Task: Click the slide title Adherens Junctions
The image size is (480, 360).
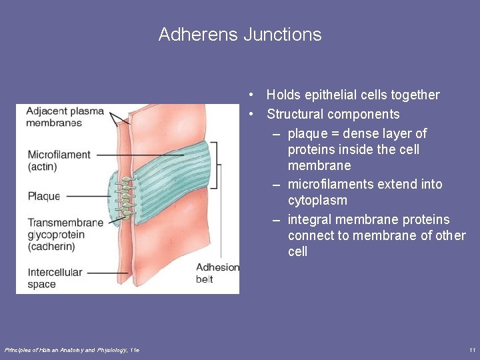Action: (x=240, y=35)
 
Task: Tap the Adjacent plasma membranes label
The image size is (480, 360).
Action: (x=65, y=117)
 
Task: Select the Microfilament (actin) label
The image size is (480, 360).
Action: (x=59, y=161)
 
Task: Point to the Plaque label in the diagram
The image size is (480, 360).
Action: (x=44, y=196)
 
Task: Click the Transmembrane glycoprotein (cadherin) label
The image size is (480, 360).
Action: (x=65, y=234)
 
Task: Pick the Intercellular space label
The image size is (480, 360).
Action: (x=55, y=278)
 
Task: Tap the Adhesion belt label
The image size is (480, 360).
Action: (x=217, y=273)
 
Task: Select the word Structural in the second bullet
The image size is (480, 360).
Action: (x=297, y=114)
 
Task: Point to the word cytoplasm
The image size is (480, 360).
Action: (x=317, y=200)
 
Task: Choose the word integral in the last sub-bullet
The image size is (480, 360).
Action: (x=311, y=219)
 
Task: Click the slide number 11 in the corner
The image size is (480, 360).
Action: (x=472, y=350)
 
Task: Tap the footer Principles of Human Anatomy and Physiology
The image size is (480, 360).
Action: (x=72, y=350)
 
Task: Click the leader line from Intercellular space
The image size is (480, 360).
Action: (x=107, y=272)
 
